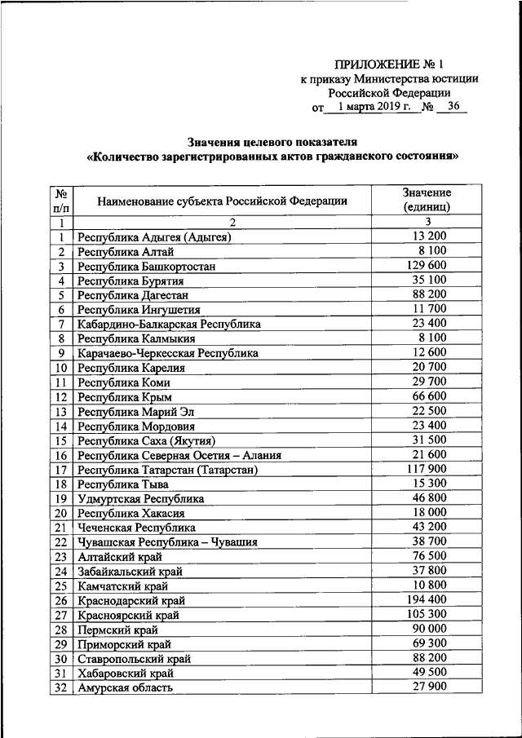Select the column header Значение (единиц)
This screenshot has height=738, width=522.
pyautogui.click(x=427, y=200)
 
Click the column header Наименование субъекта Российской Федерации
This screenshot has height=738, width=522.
pyautogui.click(x=222, y=201)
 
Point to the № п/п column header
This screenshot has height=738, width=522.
pyautogui.click(x=60, y=200)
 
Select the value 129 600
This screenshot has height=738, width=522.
pyautogui.click(x=427, y=266)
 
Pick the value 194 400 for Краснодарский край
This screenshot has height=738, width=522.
pyautogui.click(x=427, y=600)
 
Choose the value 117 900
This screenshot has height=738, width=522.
pyautogui.click(x=427, y=470)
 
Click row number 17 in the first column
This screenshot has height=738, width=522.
pyautogui.click(x=60, y=470)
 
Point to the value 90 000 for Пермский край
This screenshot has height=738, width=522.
pyautogui.click(x=427, y=630)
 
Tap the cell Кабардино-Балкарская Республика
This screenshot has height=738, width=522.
pyautogui.click(x=170, y=325)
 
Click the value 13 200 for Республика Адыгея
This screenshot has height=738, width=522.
pyautogui.click(x=427, y=237)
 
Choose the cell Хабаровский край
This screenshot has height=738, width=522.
pyautogui.click(x=126, y=674)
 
